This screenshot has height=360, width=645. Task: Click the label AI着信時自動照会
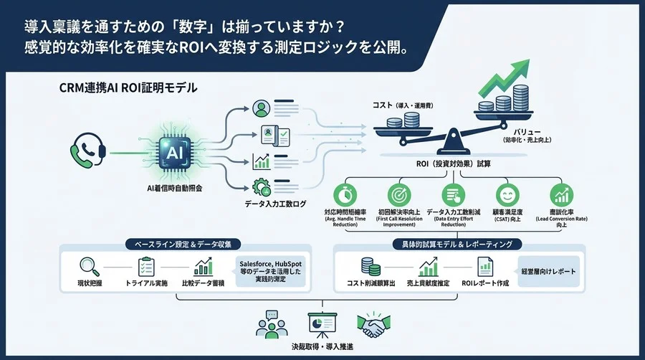tap(174, 188)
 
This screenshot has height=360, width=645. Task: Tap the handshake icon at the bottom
tap(372, 323)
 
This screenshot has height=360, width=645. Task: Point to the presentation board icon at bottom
tap(320, 323)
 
